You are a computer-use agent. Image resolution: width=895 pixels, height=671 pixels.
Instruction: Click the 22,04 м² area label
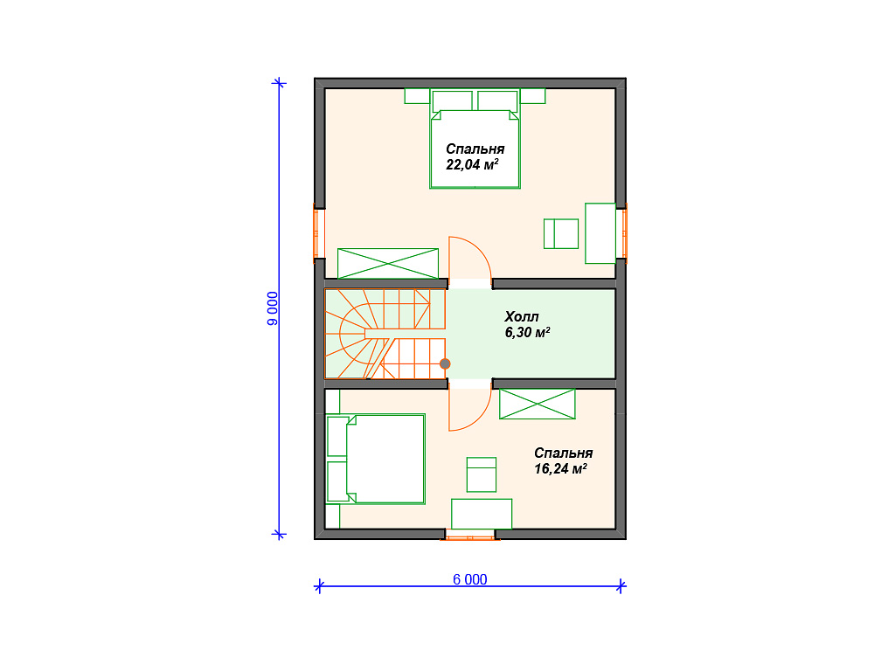472,165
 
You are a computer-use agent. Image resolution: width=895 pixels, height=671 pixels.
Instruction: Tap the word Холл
522,316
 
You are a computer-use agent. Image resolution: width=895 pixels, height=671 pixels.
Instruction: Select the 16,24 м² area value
560,469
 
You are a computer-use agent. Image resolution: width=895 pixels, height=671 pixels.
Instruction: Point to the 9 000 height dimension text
273,308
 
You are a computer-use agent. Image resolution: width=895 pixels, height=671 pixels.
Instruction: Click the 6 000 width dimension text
469,580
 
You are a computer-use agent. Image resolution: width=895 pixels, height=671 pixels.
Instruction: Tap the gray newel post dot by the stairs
445,364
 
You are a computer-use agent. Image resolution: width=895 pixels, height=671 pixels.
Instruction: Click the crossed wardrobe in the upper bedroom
388,264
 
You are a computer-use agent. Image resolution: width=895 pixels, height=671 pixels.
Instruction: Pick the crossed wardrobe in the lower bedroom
538,404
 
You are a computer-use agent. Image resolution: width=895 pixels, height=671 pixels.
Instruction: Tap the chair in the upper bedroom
561,233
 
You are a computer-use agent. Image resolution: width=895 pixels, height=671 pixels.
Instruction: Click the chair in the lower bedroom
482,474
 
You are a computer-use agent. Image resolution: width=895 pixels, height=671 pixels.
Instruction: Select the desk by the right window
600,233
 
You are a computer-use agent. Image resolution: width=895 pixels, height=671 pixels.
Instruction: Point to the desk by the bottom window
482,514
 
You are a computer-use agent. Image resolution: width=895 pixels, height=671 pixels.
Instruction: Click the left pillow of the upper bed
453,101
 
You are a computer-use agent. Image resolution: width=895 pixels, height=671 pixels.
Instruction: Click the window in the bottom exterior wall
469,535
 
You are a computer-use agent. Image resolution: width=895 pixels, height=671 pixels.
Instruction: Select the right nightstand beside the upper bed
532,96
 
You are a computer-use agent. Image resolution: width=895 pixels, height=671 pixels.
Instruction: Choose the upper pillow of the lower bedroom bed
338,437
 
